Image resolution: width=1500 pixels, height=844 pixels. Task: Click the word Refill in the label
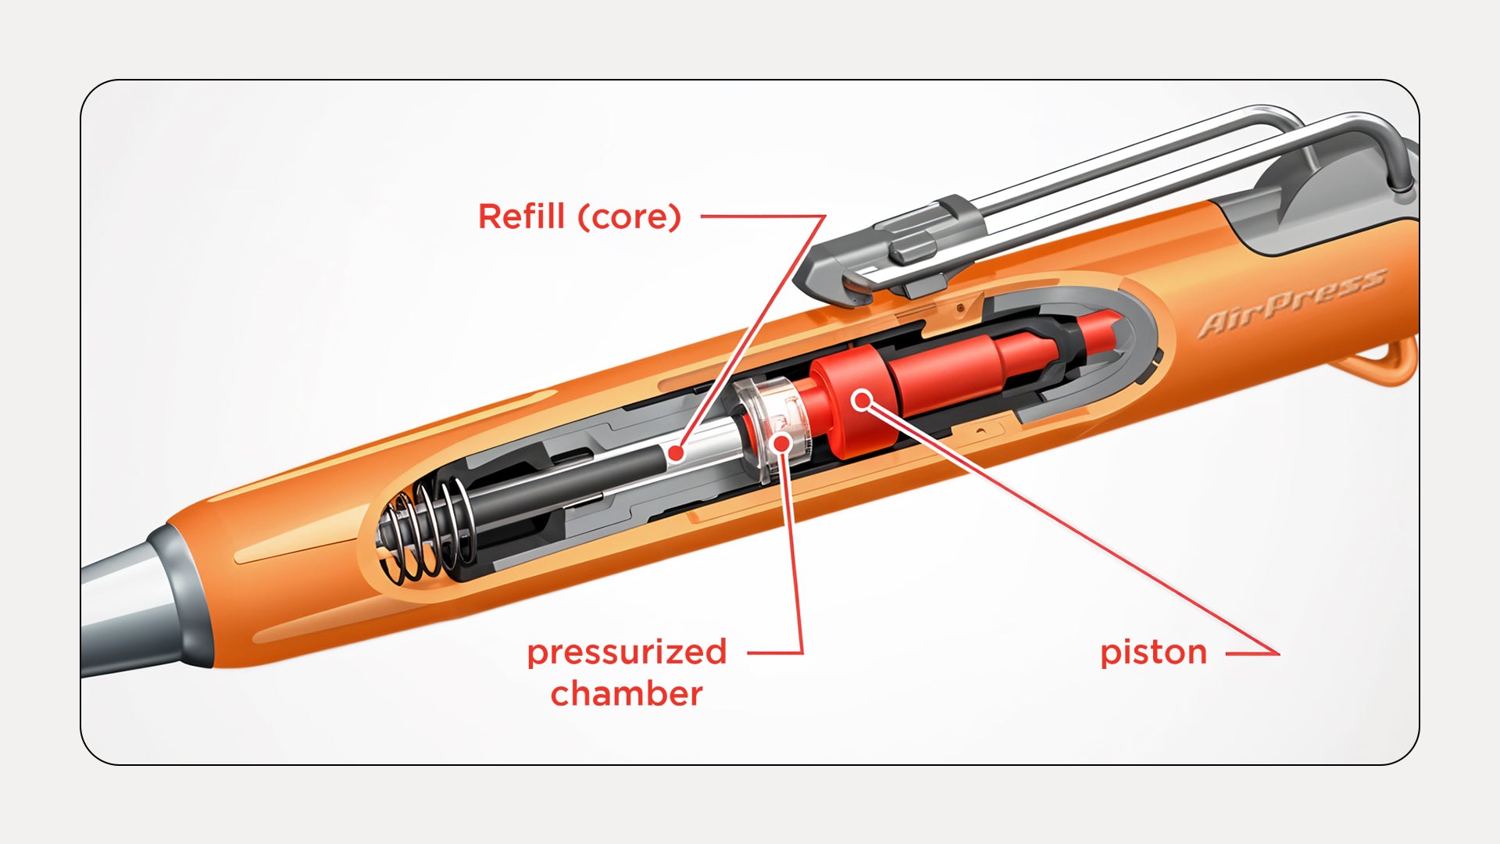521,216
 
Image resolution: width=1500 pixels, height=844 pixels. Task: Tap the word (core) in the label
630,217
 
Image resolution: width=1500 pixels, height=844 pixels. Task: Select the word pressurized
627,653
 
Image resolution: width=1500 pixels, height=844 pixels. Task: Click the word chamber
627,694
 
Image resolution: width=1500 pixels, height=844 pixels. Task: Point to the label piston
1153,653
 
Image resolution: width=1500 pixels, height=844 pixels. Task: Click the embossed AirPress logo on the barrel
1292,302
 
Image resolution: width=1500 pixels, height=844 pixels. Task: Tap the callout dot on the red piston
862,401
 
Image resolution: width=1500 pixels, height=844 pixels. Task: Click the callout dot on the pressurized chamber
780,442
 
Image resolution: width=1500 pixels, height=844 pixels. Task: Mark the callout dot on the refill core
677,452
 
